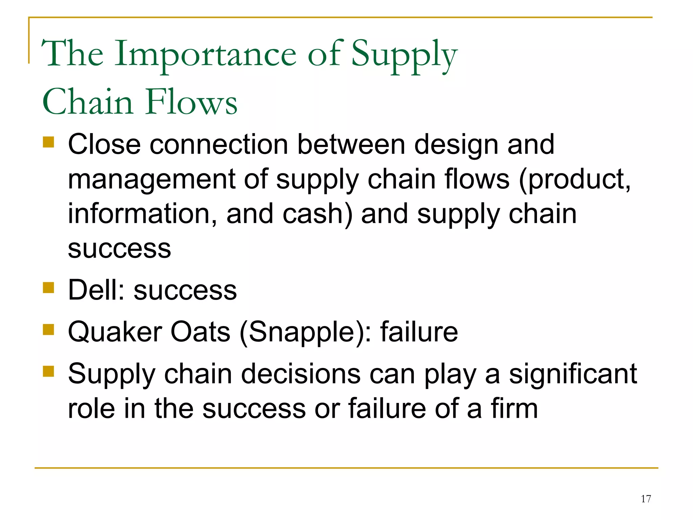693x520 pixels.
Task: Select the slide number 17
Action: pyautogui.click(x=646, y=499)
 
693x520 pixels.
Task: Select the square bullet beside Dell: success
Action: pyautogui.click(x=49, y=288)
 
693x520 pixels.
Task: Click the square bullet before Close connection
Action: pyautogui.click(x=49, y=142)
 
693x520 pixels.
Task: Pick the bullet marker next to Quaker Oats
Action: pyautogui.click(x=49, y=329)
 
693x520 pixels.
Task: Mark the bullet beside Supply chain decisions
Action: pyautogui.click(x=49, y=371)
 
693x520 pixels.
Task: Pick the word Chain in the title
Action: pyautogui.click(x=88, y=102)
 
